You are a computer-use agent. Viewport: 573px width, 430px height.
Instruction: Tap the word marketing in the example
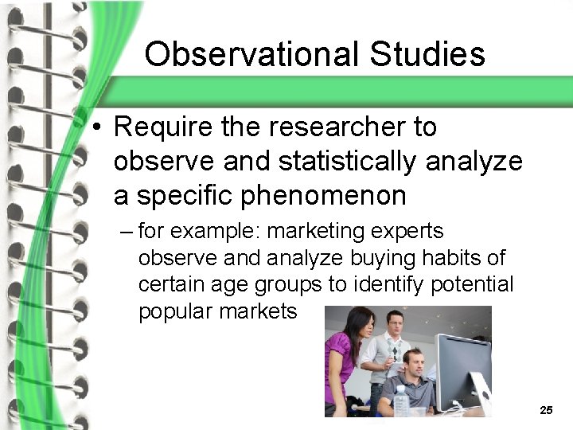318,232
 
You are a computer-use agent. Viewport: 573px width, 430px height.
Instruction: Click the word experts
410,232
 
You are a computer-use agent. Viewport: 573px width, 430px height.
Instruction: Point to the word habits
449,258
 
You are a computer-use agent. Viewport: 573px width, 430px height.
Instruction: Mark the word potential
474,284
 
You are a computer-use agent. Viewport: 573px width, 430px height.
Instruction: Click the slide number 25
546,410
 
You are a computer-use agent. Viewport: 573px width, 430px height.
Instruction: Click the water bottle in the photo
401,401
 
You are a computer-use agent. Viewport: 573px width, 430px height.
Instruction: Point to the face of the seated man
411,364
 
